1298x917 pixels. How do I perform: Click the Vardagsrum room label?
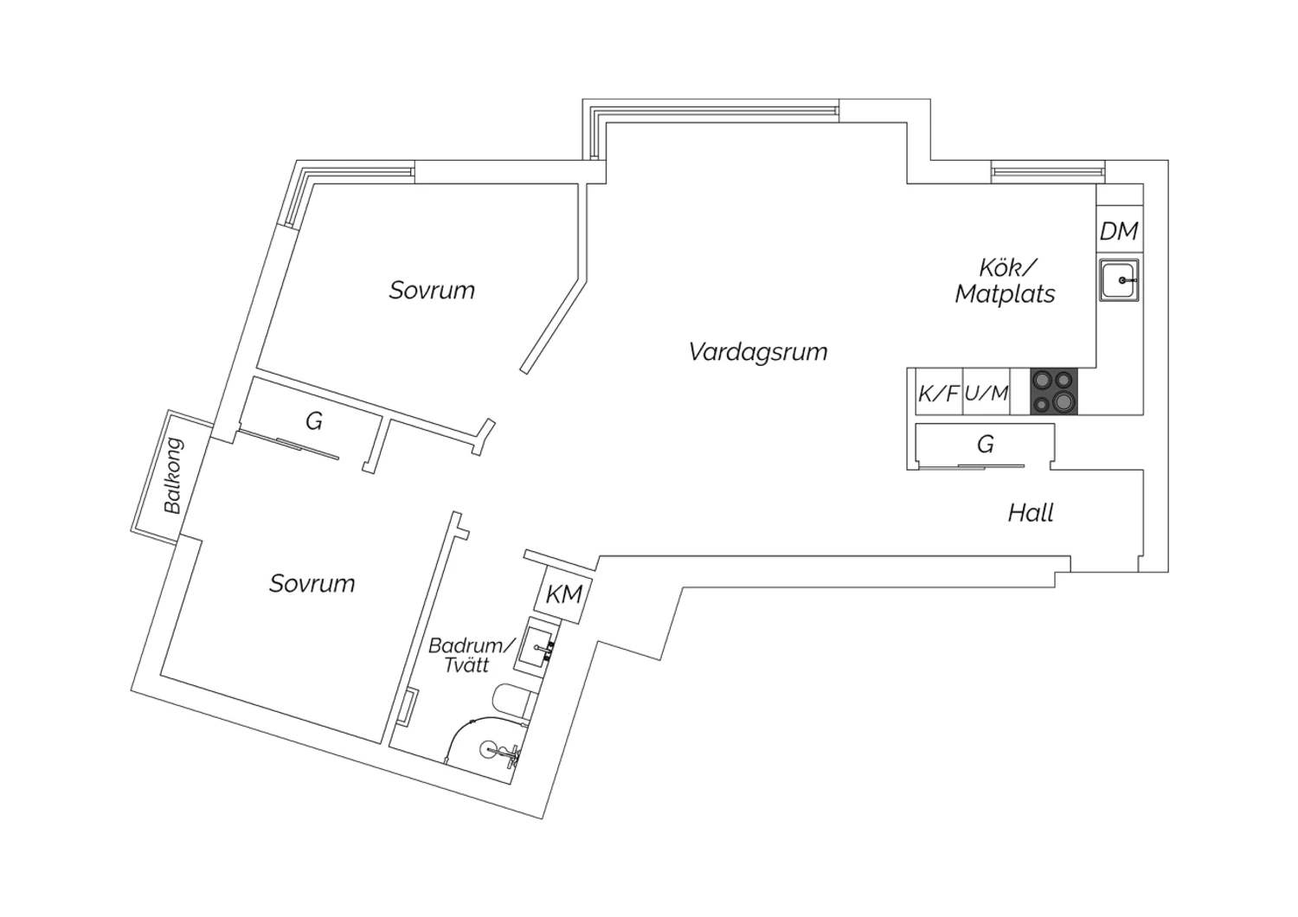tap(758, 352)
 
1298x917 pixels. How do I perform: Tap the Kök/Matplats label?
tap(1006, 281)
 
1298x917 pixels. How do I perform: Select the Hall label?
tap(1031, 513)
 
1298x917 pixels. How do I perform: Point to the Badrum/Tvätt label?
tap(471, 655)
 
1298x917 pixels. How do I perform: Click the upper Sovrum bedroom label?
tap(432, 290)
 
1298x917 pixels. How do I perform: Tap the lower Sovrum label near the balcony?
tap(312, 583)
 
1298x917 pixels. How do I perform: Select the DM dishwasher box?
tap(1119, 231)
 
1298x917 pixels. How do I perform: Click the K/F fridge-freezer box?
tap(938, 394)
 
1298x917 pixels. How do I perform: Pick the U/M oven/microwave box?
tap(986, 394)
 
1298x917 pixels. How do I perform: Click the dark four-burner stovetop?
tap(1054, 391)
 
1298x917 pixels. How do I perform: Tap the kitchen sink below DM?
tap(1119, 280)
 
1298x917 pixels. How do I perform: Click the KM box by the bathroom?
tap(564, 595)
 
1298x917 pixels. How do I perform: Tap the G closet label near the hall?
tap(985, 445)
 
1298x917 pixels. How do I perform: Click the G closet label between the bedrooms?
tap(314, 421)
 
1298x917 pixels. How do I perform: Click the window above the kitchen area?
tap(1048, 170)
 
